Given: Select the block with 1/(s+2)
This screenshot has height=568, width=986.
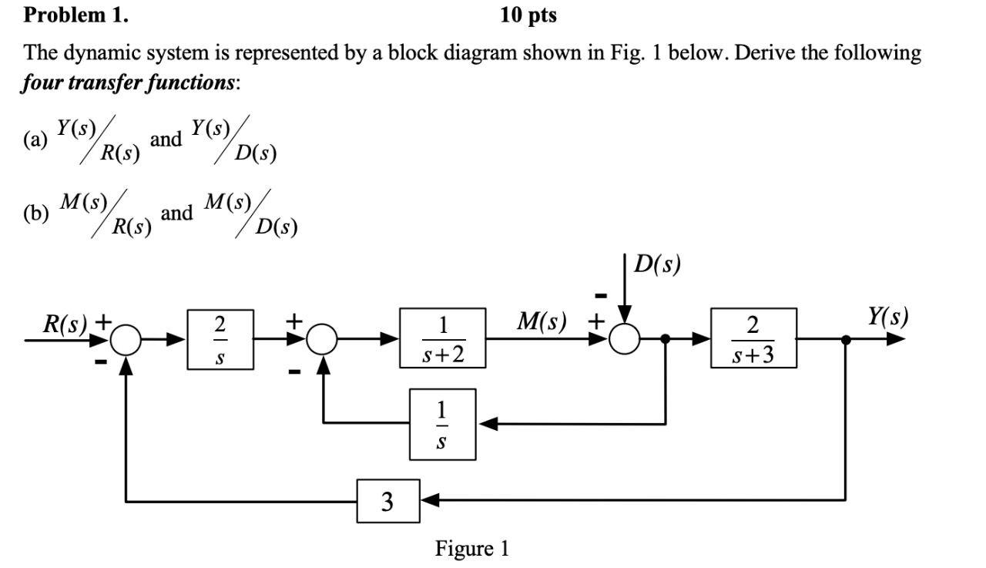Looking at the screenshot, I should tap(443, 338).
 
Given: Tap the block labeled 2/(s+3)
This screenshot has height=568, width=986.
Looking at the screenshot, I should tap(753, 338).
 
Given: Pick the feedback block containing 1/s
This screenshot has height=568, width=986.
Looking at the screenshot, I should tap(442, 424).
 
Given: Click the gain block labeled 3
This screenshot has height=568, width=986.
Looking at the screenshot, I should tap(387, 501).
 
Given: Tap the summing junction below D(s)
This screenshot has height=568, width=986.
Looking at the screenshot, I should tap(625, 338).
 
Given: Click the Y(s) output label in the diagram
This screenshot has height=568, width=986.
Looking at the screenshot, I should tap(887, 317).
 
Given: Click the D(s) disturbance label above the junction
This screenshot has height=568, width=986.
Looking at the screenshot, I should tap(657, 264).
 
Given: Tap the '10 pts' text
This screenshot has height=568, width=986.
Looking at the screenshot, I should tap(528, 15).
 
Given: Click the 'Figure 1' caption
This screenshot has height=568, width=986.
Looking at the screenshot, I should tap(472, 549).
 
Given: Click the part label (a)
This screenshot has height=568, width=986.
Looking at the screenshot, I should tap(35, 139).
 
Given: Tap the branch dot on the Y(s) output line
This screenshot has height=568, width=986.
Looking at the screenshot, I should tap(847, 338).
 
